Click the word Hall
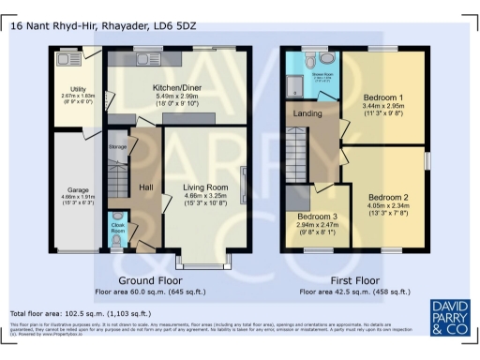click(x=146, y=187)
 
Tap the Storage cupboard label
click(x=117, y=147)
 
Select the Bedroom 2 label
click(x=387, y=197)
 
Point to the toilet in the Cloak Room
click(x=115, y=242)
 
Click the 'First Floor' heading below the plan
click(x=355, y=280)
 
